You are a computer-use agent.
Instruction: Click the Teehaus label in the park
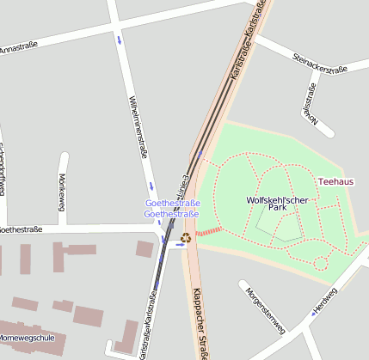(335, 182)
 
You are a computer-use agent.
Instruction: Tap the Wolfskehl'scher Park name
(277, 204)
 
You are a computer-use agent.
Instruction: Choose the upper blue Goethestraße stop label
(172, 203)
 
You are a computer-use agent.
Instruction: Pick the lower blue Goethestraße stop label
(171, 214)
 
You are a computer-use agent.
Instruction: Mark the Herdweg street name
(325, 297)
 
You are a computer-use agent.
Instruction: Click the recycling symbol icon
(186, 237)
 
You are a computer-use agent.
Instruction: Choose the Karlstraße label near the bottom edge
(144, 326)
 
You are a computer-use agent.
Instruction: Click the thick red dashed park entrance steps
(209, 231)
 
